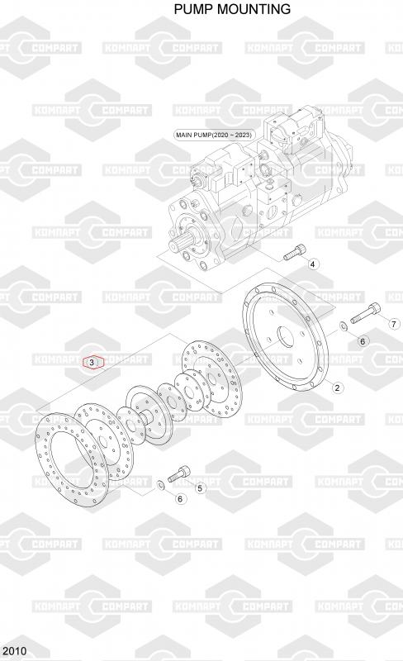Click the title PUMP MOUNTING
pyautogui.click(x=232, y=9)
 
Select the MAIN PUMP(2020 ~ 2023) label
pyautogui.click(x=215, y=135)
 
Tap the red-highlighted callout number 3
pyautogui.click(x=92, y=362)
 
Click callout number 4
pyautogui.click(x=312, y=264)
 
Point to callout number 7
pyautogui.click(x=394, y=324)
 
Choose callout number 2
pyautogui.click(x=337, y=388)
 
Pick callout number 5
pyautogui.click(x=200, y=488)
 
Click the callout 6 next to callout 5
pyautogui.click(x=180, y=499)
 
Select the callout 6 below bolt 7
pyautogui.click(x=363, y=341)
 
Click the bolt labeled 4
pyautogui.click(x=294, y=252)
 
